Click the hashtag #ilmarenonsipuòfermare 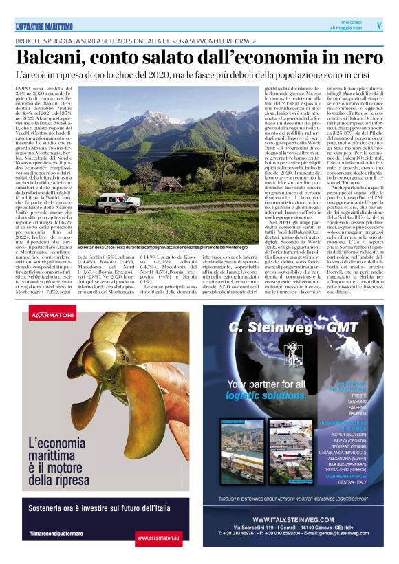tap(58, 533)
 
